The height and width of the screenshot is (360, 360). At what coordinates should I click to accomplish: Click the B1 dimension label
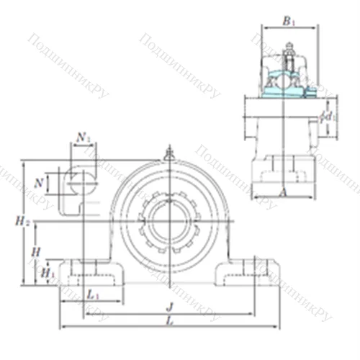click(x=288, y=22)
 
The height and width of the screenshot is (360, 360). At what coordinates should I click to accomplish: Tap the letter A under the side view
click(x=282, y=192)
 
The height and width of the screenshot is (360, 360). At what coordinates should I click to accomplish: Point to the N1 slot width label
click(x=84, y=136)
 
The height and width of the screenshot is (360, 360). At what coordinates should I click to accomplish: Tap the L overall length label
click(x=169, y=320)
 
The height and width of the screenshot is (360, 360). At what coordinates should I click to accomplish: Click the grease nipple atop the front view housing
click(x=169, y=153)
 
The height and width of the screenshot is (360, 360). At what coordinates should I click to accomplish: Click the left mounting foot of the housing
click(x=90, y=272)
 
